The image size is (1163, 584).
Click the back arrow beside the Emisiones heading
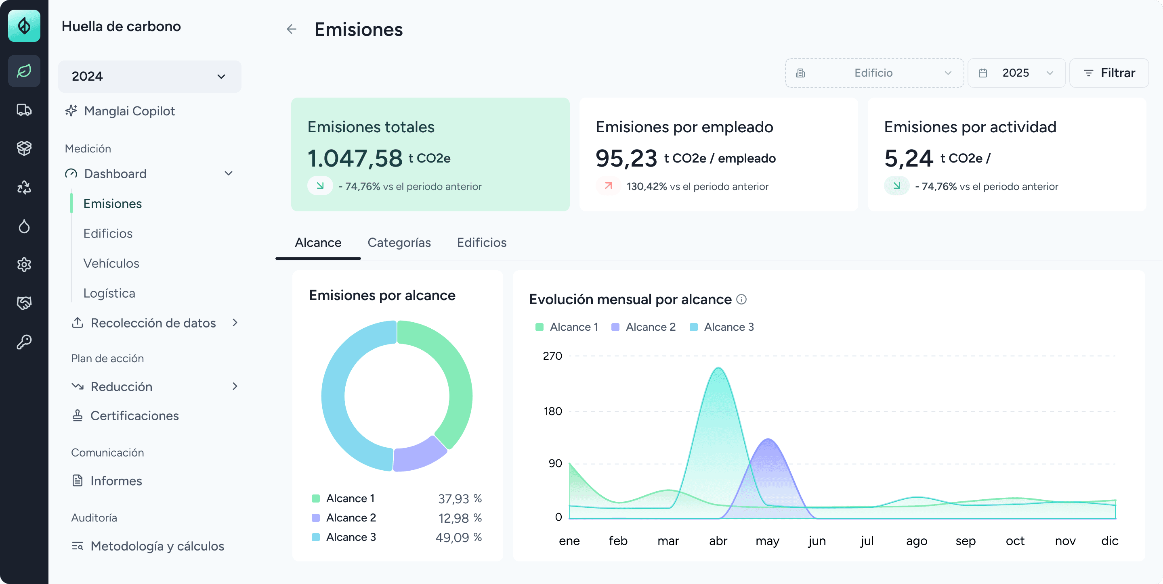click(292, 29)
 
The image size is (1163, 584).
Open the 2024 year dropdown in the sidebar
click(149, 76)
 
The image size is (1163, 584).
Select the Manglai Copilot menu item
click(129, 111)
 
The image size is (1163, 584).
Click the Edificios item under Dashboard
click(108, 234)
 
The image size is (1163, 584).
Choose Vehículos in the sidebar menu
click(111, 263)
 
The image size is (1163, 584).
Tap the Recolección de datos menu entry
click(153, 323)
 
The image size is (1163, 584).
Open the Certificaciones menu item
click(134, 416)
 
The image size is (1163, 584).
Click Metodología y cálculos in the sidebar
click(157, 546)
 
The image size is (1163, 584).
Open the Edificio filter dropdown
click(874, 73)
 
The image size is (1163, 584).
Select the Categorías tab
click(399, 243)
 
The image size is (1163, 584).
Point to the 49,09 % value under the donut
click(458, 538)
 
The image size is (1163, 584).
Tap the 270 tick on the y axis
click(552, 356)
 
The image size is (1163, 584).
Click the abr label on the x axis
click(718, 541)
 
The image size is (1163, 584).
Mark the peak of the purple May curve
click(768, 440)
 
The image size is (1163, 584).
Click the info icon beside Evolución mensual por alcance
click(741, 299)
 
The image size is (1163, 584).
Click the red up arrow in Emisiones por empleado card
click(609, 186)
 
